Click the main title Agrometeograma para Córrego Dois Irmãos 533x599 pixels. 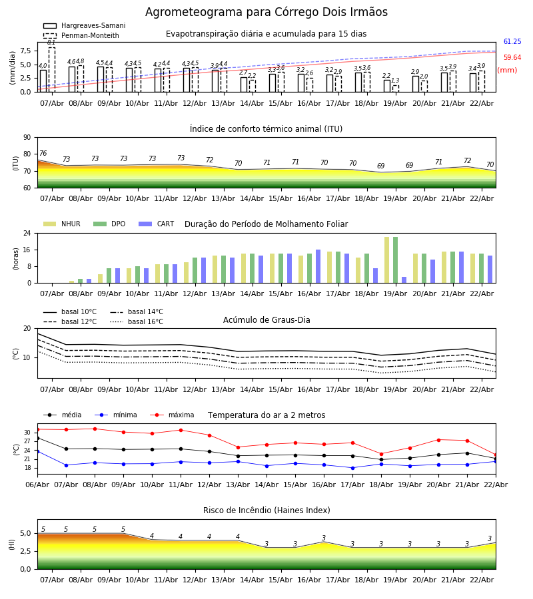266,12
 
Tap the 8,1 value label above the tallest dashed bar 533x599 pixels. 51,43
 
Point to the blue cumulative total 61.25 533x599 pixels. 512,42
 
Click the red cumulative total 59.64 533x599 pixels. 512,58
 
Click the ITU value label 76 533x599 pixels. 43,154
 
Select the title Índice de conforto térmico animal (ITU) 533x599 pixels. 266,129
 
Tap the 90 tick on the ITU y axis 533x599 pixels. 27,138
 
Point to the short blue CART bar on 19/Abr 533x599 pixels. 404,280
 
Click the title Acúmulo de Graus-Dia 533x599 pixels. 266,320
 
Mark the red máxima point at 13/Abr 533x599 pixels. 238,447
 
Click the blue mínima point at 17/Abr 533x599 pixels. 352,468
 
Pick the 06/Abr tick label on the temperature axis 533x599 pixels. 37,484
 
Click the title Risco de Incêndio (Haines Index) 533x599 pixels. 266,510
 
